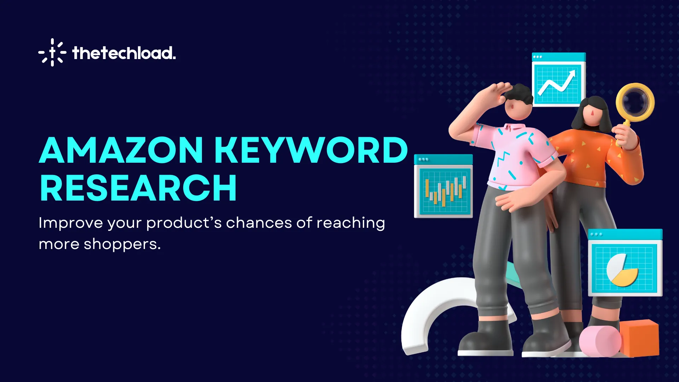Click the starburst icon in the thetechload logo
[x=52, y=52]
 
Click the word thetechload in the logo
[x=124, y=53]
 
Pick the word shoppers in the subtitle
[x=122, y=244]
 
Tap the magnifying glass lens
[x=635, y=102]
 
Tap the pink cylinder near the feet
[x=600, y=341]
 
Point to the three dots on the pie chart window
[x=596, y=234]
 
